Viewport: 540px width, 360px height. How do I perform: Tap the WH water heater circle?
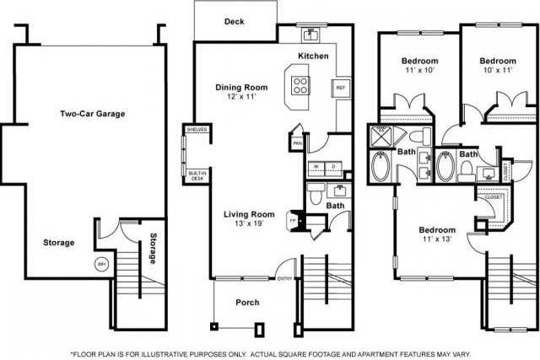coord(102,263)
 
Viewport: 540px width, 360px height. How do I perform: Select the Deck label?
coord(234,22)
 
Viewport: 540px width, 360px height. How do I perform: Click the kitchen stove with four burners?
coord(301,84)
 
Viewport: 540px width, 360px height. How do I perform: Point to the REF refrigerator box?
coord(341,88)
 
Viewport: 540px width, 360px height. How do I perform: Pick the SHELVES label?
coord(197,129)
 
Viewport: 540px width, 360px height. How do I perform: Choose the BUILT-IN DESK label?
coord(197,175)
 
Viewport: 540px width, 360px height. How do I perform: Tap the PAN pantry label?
coord(297,143)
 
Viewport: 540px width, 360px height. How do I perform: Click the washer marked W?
coord(315,166)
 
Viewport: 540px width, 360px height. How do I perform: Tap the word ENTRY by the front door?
coord(284,279)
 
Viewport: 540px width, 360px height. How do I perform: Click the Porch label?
coord(247,303)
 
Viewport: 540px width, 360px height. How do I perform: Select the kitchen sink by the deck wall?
coord(310,35)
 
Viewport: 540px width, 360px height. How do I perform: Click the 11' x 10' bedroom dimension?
coord(419,73)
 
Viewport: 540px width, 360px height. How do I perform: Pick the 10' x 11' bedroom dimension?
coord(498,73)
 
